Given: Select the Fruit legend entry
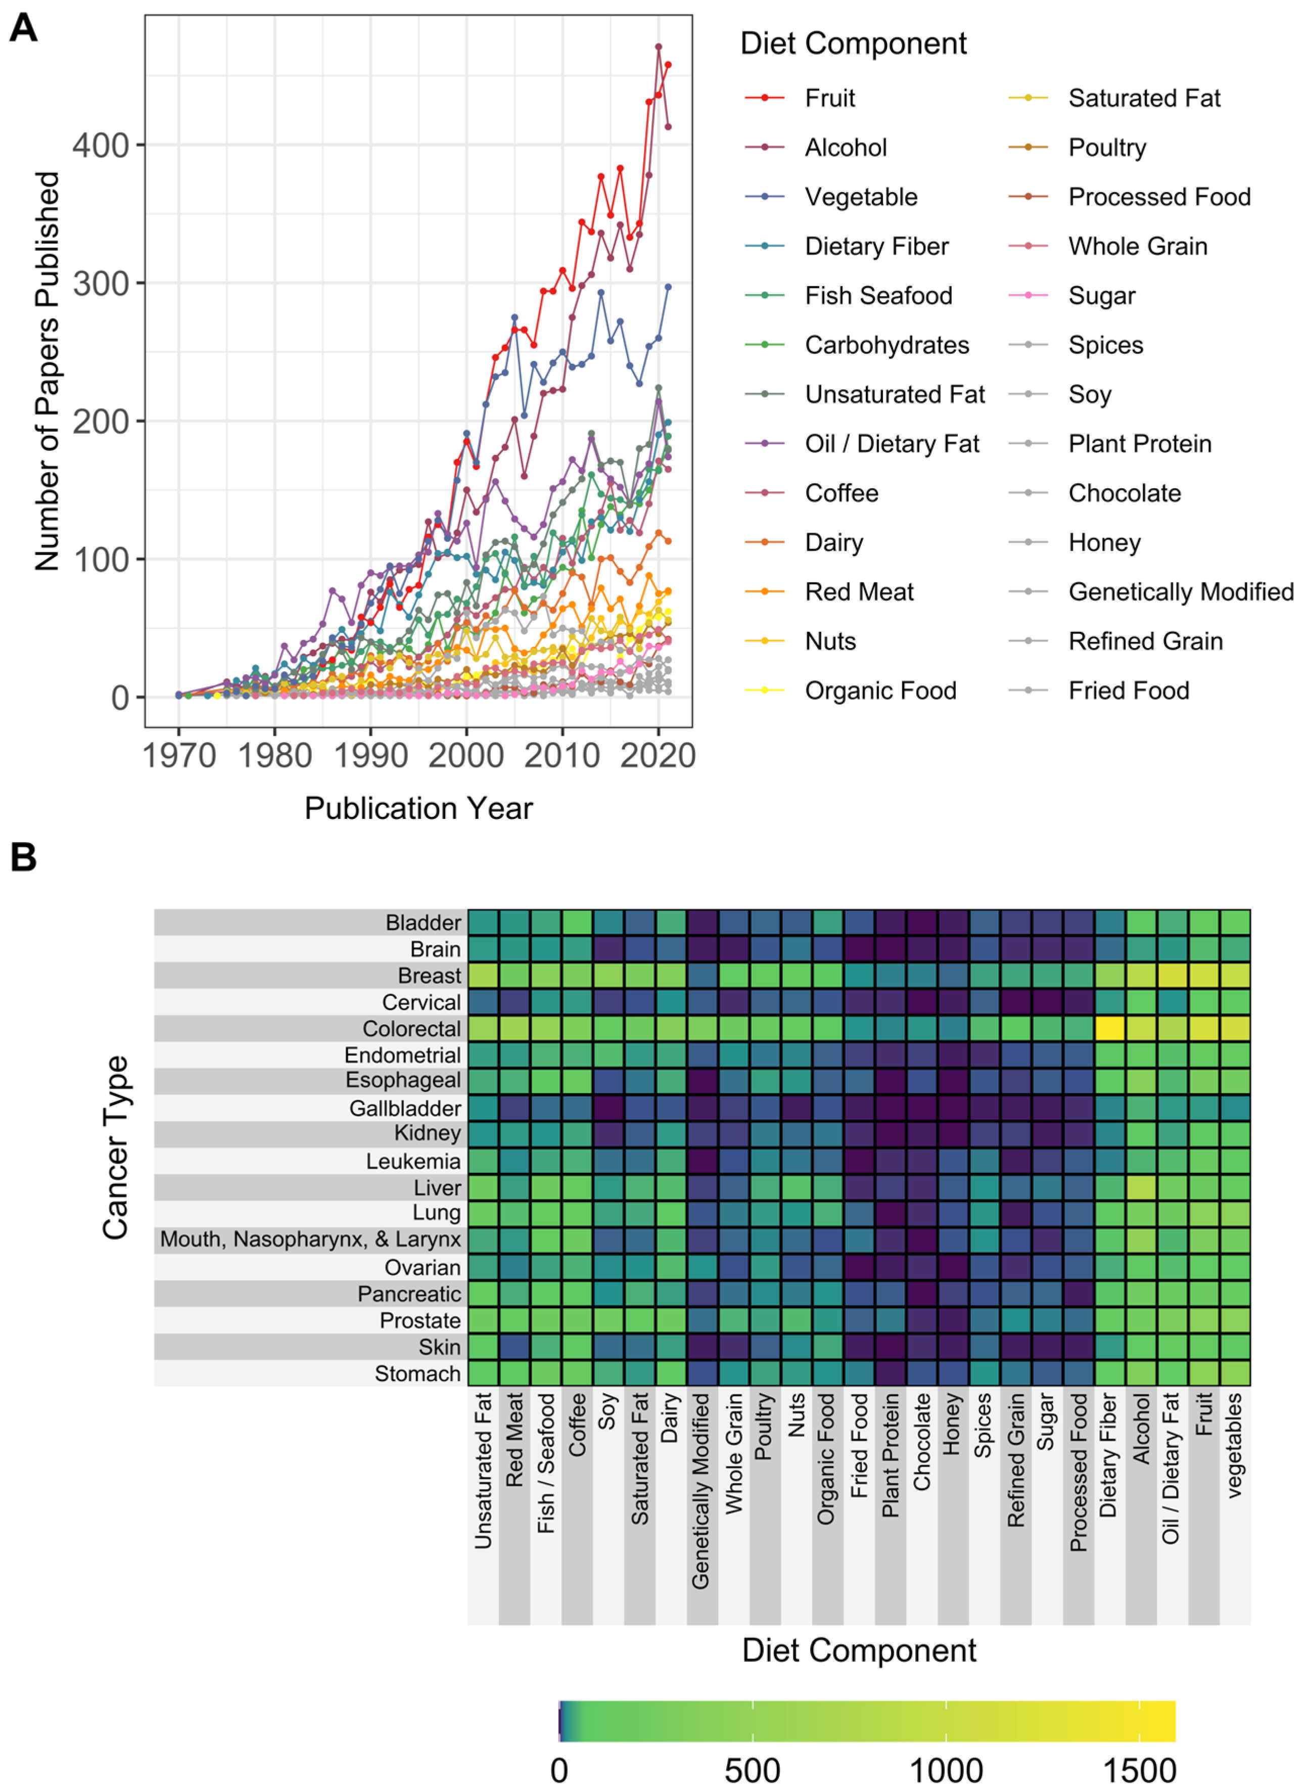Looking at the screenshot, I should (x=829, y=98).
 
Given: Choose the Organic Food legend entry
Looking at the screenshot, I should (x=880, y=690).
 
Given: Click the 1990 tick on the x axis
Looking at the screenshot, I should (x=370, y=755).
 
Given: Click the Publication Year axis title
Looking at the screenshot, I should (x=418, y=808).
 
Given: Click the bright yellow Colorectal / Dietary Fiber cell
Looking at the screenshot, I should (x=1109, y=1028).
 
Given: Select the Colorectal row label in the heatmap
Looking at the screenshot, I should (x=411, y=1029).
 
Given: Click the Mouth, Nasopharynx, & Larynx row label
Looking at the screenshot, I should (x=310, y=1239).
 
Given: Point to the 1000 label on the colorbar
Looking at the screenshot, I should (x=946, y=1770).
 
